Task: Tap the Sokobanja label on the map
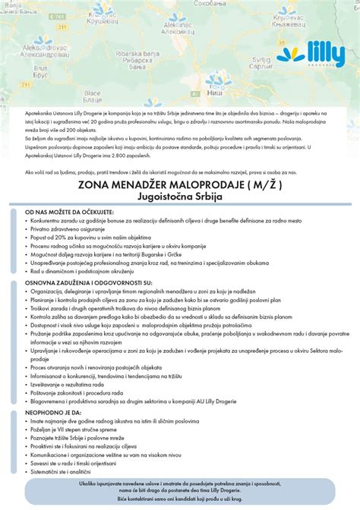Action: [207, 5]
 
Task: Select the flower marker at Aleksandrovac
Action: [43, 41]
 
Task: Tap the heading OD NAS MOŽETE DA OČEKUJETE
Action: [69, 212]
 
